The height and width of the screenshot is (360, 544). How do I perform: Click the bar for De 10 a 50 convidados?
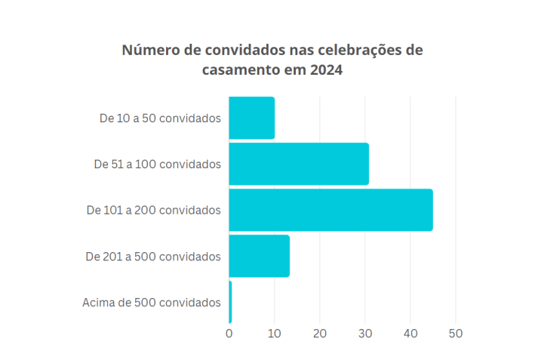(251, 118)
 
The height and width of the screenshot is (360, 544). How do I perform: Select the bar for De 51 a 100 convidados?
(299, 164)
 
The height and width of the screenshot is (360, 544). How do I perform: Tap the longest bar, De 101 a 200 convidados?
(330, 210)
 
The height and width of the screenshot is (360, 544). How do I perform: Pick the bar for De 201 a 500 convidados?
(259, 256)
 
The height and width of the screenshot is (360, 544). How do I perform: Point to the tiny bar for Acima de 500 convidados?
(230, 302)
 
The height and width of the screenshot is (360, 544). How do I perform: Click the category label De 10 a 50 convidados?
(160, 118)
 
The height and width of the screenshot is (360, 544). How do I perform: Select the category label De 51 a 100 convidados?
(157, 164)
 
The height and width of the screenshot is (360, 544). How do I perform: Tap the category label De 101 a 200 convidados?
(154, 210)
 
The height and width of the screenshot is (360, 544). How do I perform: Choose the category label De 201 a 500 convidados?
(153, 256)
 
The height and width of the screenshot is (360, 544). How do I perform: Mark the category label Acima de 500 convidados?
(151, 303)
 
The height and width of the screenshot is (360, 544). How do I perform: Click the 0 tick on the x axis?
(229, 333)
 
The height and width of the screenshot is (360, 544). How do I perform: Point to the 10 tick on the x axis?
(275, 333)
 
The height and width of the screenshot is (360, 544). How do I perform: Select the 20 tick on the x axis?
(320, 333)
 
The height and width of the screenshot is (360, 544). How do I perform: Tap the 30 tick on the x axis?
(365, 333)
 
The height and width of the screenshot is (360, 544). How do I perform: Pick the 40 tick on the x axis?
(410, 333)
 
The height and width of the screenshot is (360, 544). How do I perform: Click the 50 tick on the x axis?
(456, 333)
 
